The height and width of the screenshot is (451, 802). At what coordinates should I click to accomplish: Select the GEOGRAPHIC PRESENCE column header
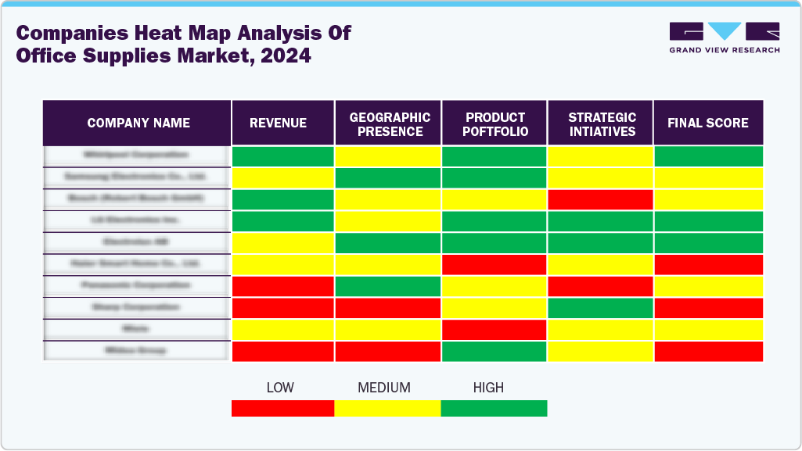click(389, 123)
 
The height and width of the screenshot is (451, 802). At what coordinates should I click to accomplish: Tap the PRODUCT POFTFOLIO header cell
click(495, 123)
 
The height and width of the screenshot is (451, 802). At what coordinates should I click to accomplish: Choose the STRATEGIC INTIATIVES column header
click(601, 123)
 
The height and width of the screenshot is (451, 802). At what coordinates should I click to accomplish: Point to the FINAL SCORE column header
click(707, 123)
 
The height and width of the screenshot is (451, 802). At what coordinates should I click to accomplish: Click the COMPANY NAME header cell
click(138, 123)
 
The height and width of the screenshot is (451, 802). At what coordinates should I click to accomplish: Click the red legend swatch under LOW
click(282, 408)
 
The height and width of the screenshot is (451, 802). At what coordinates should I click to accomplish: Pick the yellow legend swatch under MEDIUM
click(387, 408)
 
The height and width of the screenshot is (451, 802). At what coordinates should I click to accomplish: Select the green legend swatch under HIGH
click(494, 408)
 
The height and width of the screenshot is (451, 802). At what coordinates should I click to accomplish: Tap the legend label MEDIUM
click(383, 388)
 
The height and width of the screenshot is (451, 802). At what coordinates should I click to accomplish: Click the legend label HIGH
click(488, 388)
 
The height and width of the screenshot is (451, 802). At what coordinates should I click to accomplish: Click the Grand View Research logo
click(724, 38)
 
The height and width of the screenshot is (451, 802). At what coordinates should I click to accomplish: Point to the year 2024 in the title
click(286, 56)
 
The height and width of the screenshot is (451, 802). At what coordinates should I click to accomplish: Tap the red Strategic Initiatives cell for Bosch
click(601, 199)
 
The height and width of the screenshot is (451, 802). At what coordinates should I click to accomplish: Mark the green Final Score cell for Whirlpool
click(707, 156)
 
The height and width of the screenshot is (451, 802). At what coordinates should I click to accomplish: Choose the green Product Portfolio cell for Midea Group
click(495, 352)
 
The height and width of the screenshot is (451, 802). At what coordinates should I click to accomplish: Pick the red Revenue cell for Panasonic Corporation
click(282, 286)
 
